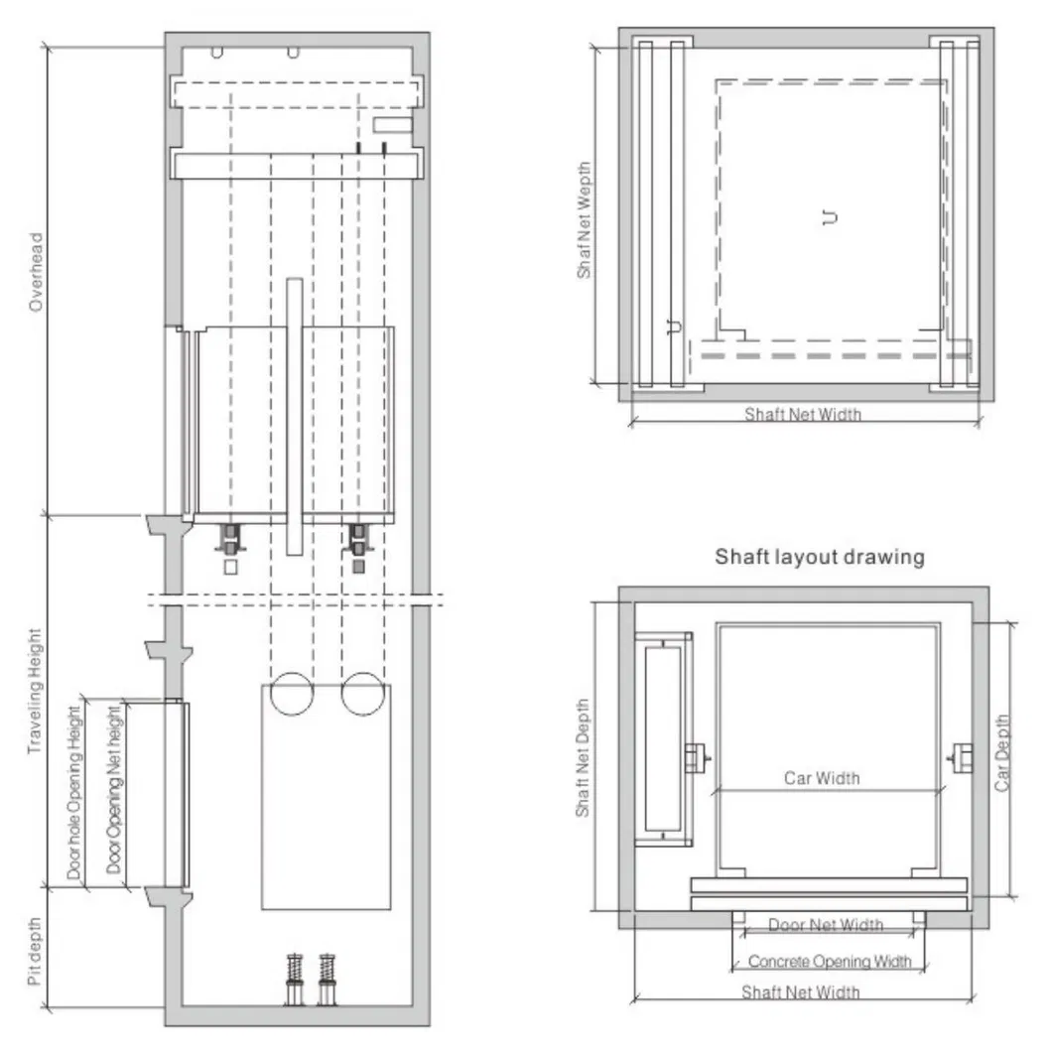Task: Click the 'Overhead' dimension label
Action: click(37, 272)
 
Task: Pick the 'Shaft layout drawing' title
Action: click(819, 557)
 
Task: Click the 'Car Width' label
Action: click(822, 778)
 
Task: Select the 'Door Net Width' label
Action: click(826, 925)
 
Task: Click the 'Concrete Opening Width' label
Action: click(829, 961)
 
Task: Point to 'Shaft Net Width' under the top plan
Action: click(803, 414)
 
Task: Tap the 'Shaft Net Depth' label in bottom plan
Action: click(584, 759)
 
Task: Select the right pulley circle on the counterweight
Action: click(362, 693)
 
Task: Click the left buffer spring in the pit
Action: click(295, 979)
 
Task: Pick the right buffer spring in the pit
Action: click(327, 979)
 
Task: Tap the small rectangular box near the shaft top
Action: click(391, 124)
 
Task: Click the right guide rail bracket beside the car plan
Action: click(960, 759)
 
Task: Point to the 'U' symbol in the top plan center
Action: click(829, 217)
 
